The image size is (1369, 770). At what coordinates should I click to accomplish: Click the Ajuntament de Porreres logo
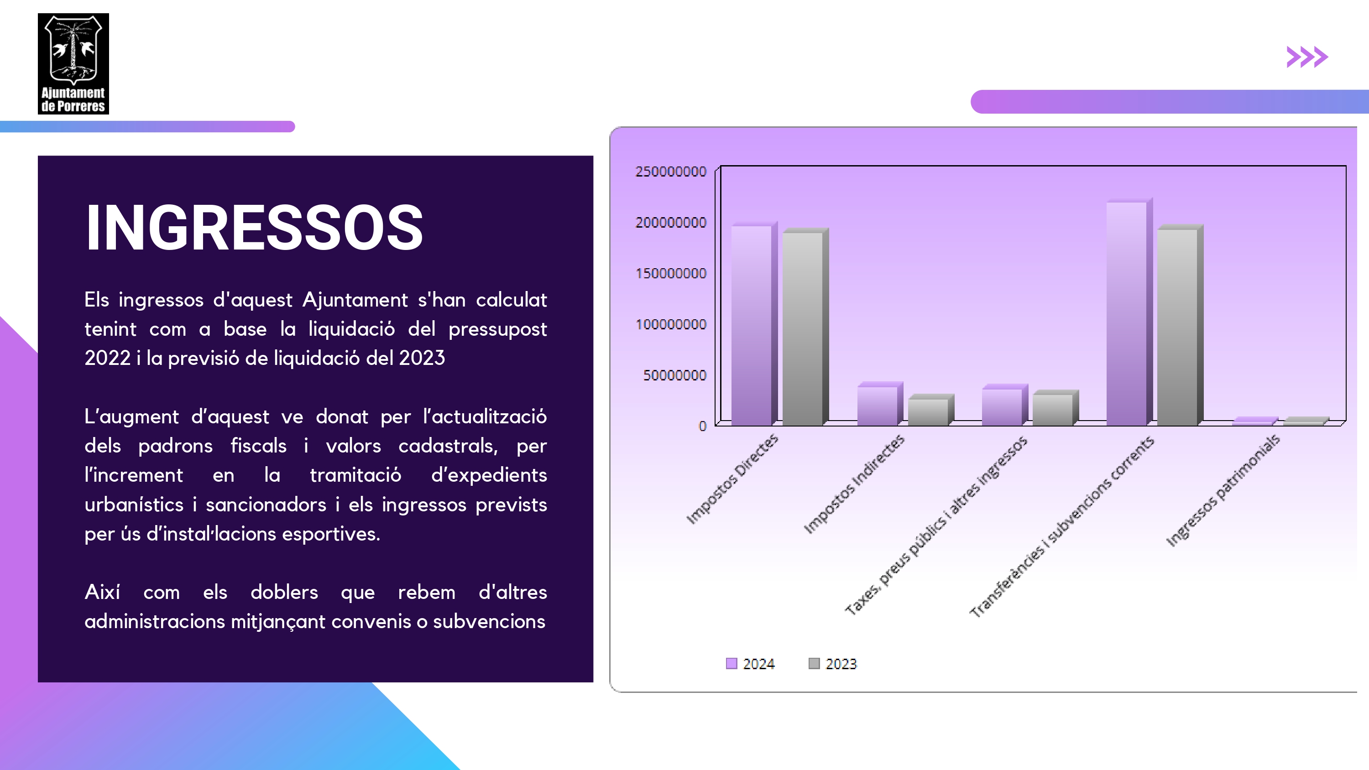73,64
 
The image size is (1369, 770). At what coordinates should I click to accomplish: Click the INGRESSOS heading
254,228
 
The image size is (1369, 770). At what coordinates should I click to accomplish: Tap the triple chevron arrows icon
1307,57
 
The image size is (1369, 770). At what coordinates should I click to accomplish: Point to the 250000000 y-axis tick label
671,172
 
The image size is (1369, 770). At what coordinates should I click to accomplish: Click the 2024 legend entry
750,664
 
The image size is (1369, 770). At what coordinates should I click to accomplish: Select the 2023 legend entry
833,664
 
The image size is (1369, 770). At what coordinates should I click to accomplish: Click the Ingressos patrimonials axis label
1223,490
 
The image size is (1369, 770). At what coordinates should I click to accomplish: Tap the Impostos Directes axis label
732,479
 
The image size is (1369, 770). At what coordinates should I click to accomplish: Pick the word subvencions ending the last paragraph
489,622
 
